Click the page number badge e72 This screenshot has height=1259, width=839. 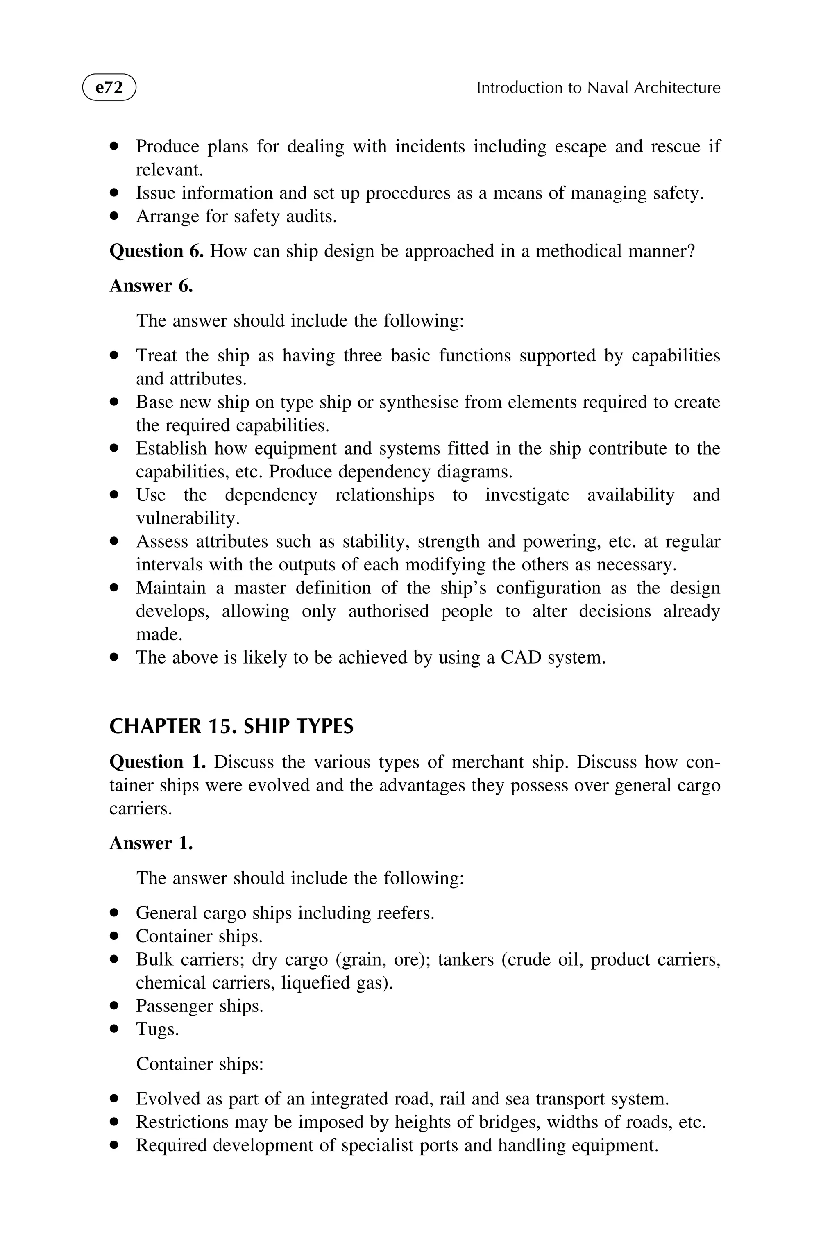coord(109,87)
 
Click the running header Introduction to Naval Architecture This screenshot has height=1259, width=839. coord(598,88)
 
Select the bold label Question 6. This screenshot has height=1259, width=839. coord(156,251)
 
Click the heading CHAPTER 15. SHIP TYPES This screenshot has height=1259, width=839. coord(231,726)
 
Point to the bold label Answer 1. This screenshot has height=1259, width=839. coord(151,843)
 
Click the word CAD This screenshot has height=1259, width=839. coord(521,657)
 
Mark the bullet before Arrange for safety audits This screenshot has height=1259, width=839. coord(113,216)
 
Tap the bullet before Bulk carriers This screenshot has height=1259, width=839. coord(113,960)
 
